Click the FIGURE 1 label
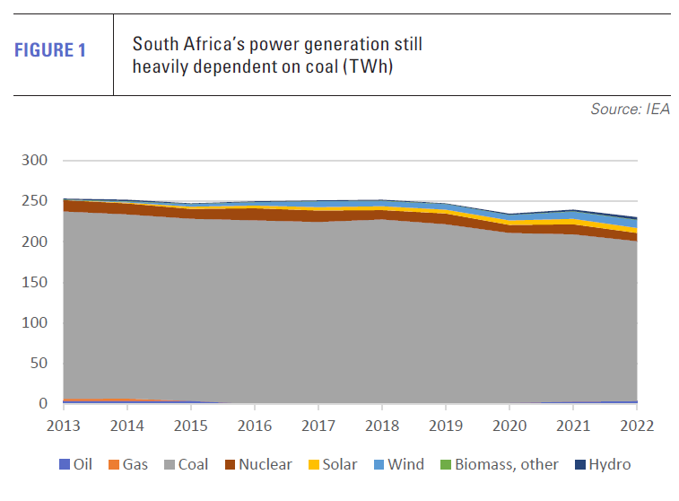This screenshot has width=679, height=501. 50,50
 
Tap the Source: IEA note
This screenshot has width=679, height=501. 630,110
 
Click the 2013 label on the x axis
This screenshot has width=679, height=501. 62,425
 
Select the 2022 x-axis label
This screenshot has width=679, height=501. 636,425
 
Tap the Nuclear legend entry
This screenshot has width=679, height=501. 257,464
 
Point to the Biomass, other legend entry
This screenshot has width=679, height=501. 498,464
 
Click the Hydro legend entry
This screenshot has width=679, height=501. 602,464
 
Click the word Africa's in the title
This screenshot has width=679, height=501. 208,44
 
